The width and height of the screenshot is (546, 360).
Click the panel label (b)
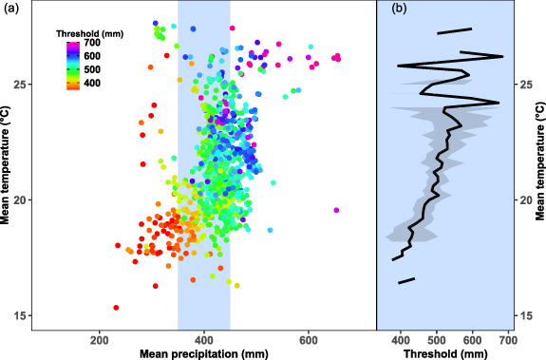(x=399, y=9)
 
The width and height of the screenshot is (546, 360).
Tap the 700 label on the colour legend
(x=92, y=43)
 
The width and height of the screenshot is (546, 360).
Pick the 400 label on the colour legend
(x=92, y=84)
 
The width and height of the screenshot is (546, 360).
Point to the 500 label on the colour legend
(x=92, y=69)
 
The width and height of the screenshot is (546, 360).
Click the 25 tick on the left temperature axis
(x=20, y=85)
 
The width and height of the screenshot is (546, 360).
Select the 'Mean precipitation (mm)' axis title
(x=203, y=352)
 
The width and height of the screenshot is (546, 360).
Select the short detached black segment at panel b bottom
(x=406, y=280)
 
